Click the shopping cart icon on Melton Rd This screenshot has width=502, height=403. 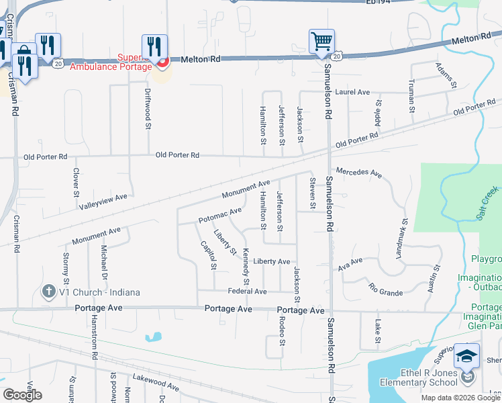(x=321, y=42)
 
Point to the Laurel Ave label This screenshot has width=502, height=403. (x=353, y=92)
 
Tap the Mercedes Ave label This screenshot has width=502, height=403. (x=359, y=173)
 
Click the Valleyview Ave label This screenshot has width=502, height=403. (x=103, y=198)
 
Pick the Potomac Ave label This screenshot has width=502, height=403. (x=219, y=216)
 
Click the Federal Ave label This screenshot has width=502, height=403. (x=247, y=292)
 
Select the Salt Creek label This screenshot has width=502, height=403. (x=489, y=197)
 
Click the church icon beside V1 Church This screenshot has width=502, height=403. (x=48, y=292)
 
